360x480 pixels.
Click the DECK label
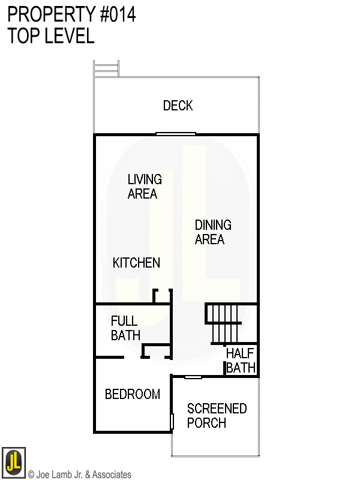click(178, 106)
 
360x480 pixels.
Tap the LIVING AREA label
click(144, 187)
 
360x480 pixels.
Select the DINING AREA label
click(213, 232)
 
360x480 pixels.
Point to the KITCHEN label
click(137, 263)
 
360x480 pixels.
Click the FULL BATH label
click(125, 328)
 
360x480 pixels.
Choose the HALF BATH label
click(241, 361)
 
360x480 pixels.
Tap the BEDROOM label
click(133, 394)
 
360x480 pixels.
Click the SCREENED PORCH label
click(217, 416)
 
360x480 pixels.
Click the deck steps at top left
click(106, 68)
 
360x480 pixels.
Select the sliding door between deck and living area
click(176, 134)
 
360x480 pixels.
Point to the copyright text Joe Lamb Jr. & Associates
click(80, 475)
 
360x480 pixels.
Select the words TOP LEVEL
click(51, 36)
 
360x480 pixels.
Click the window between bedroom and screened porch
click(172, 421)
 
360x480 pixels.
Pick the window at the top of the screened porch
click(193, 377)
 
